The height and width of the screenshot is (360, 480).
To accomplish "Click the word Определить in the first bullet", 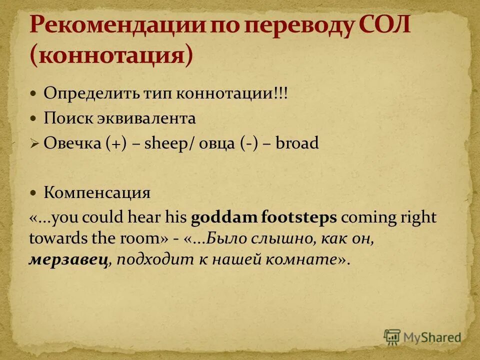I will coord(83,93).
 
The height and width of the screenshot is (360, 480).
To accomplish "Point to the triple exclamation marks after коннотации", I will coord(280,93).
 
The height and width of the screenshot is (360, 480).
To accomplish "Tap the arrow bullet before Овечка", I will coord(34,144).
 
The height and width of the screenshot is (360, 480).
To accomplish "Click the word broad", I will coord(297,144).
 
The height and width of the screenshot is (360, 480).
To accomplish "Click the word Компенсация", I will coord(97,192).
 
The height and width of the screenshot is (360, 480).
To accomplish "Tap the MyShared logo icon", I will coord(392,337).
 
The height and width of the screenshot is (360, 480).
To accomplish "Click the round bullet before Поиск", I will coord(33,119).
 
